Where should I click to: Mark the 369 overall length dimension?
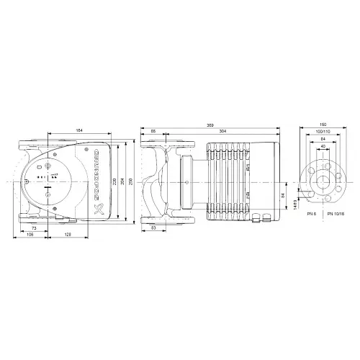[x=210, y=124]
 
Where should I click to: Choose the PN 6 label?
[x=311, y=214]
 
